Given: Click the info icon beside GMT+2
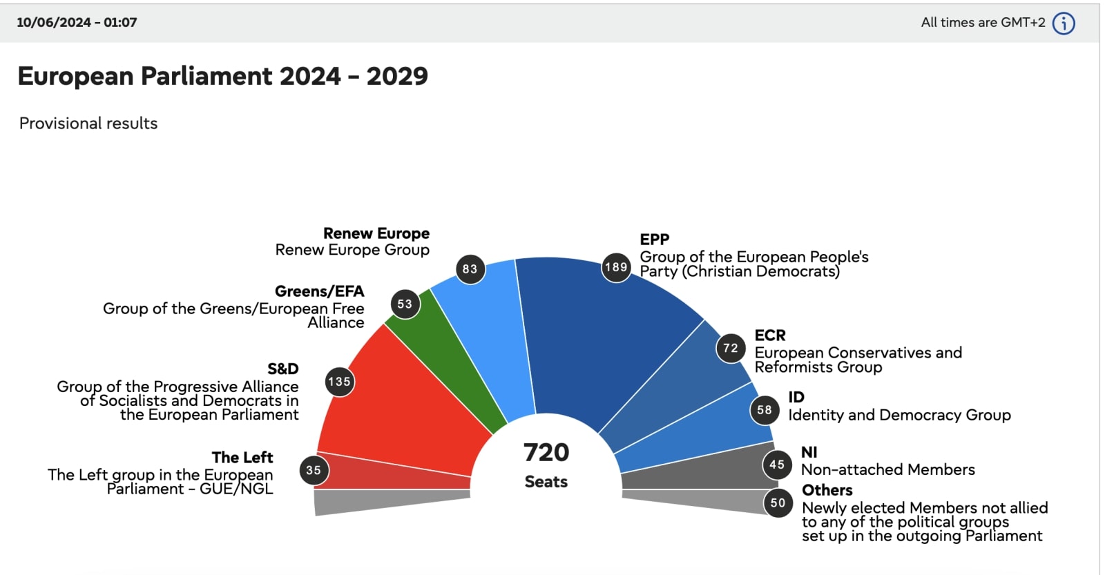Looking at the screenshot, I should [1064, 23].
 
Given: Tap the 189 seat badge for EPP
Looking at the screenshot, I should [616, 267].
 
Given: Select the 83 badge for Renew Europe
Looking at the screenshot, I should [470, 269].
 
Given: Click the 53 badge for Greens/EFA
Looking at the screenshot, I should [405, 304].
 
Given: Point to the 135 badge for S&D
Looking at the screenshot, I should [339, 382].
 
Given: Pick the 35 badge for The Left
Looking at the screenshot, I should [314, 470].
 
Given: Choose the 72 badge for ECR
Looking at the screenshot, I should [731, 349].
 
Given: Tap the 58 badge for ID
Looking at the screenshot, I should [765, 410].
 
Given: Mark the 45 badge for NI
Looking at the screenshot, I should [777, 465].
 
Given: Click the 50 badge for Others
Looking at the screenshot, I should [778, 503].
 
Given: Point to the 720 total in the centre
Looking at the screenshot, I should [546, 453].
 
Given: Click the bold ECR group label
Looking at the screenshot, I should [770, 335].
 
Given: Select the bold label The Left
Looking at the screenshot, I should [242, 458].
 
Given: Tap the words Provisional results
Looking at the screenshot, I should [88, 124].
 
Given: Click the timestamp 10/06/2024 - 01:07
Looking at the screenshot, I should [77, 22].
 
